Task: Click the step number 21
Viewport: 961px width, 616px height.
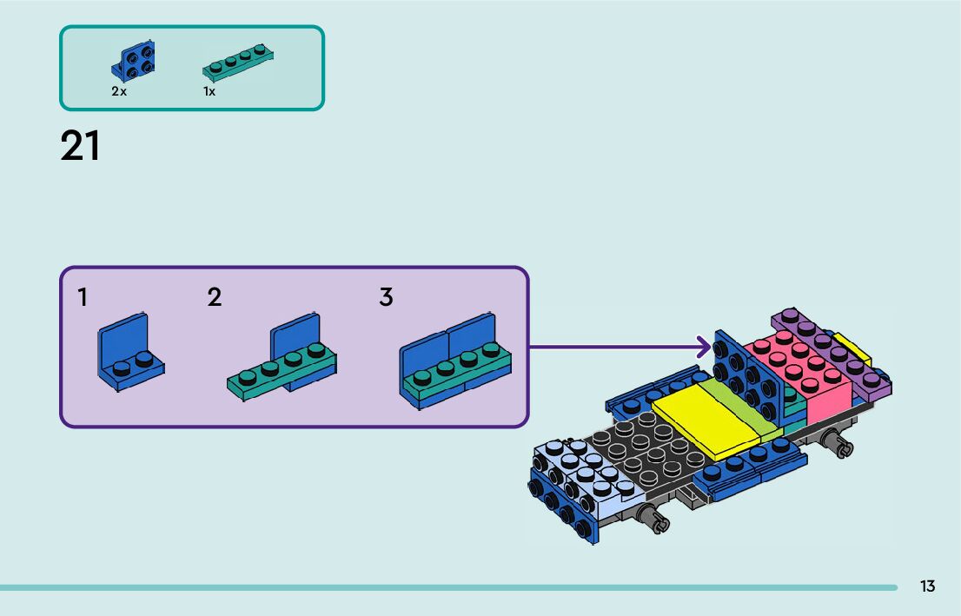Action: [81, 146]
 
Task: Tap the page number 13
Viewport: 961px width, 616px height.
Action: [928, 586]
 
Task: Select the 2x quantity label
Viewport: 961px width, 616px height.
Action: [119, 91]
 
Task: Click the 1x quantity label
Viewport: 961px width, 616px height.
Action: [209, 91]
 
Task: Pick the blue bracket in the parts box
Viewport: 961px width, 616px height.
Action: [134, 61]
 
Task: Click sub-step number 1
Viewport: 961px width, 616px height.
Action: [83, 298]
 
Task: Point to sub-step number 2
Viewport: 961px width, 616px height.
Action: [215, 298]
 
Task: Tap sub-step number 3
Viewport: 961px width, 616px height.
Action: [386, 298]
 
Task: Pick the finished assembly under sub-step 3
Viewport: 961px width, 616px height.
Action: [454, 364]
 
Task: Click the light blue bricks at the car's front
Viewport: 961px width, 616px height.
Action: [582, 474]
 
